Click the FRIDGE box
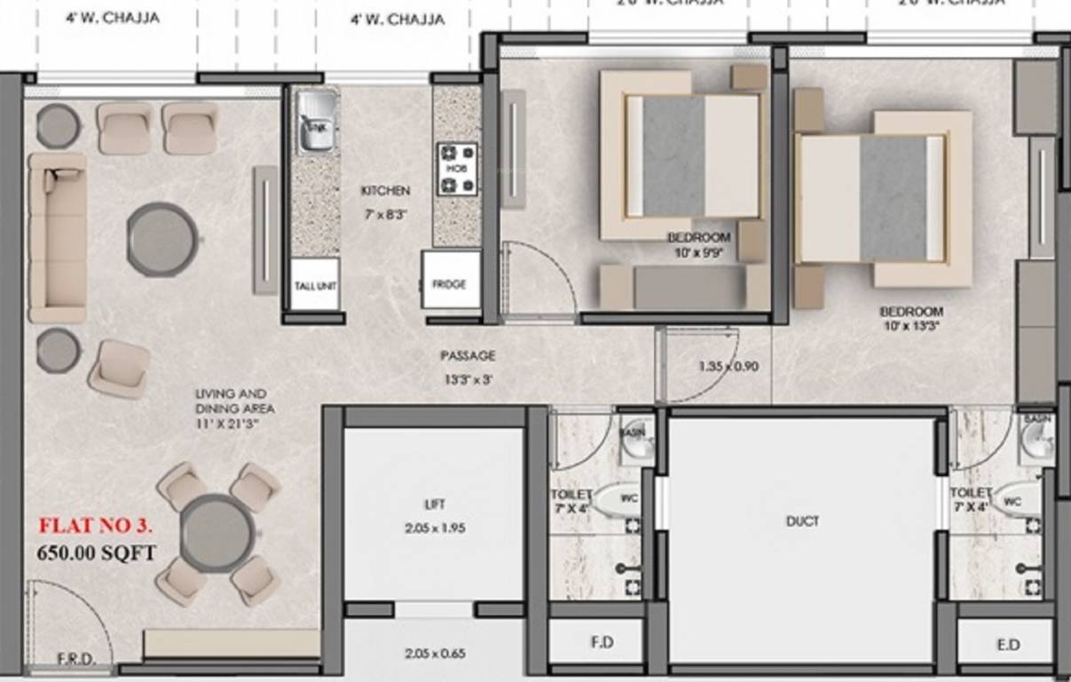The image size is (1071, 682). click(x=450, y=283)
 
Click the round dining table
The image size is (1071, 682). click(x=217, y=533)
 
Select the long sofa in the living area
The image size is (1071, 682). click(x=57, y=238)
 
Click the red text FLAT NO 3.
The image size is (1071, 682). click(x=95, y=527)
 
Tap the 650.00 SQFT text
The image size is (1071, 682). click(x=96, y=553)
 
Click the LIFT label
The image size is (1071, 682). click(x=434, y=504)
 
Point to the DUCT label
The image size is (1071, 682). click(x=801, y=521)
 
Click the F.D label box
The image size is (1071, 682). click(x=602, y=642)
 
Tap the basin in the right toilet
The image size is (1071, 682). click(x=1036, y=436)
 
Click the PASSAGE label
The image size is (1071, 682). click(x=468, y=355)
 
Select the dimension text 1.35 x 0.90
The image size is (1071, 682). click(x=728, y=365)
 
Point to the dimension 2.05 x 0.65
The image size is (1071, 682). click(x=434, y=654)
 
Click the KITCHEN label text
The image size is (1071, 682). click(x=385, y=191)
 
